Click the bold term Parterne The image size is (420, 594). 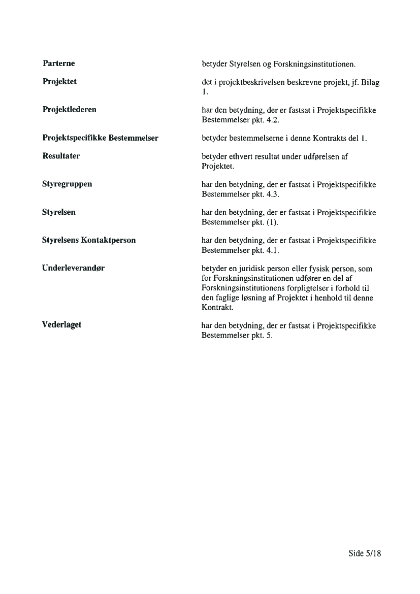tap(58, 63)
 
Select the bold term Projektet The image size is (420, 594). tap(59, 81)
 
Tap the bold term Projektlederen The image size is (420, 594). tap(69, 109)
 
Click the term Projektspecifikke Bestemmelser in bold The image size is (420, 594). tap(100, 138)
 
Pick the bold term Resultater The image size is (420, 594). tap(61, 156)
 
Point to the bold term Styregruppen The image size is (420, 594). tap(67, 184)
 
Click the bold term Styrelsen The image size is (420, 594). tap(58, 212)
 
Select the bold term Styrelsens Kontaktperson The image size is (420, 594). tap(89, 240)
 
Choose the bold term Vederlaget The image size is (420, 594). tap(61, 324)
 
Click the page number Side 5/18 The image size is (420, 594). tap(364, 553)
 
